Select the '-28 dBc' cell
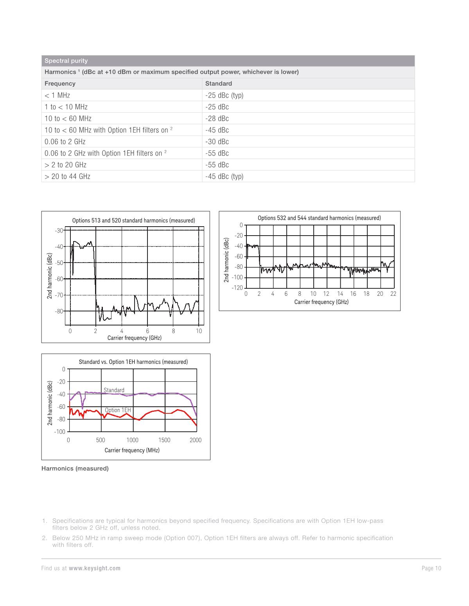pyautogui.click(x=217, y=118)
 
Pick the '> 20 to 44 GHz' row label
pyautogui.click(x=68, y=176)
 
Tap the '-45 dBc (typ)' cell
pyautogui.click(x=224, y=176)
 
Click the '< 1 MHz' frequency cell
pyautogui.click(x=57, y=95)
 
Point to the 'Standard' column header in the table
pyautogui.click(x=219, y=84)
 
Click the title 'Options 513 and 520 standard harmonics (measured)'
pyautogui.click(x=133, y=220)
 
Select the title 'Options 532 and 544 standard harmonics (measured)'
pyautogui.click(x=319, y=218)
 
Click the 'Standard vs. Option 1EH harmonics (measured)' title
pyautogui.click(x=133, y=362)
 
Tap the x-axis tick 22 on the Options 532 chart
pyautogui.click(x=393, y=294)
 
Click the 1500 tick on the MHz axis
pyautogui.click(x=164, y=440)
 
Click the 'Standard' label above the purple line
pyautogui.click(x=114, y=390)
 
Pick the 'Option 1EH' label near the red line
pyautogui.click(x=118, y=410)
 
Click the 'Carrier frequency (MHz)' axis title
pyautogui.click(x=132, y=450)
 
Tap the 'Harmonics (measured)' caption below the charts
pyautogui.click(x=75, y=468)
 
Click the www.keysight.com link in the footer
pyautogui.click(x=95, y=568)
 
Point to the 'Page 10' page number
pyautogui.click(x=431, y=568)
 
